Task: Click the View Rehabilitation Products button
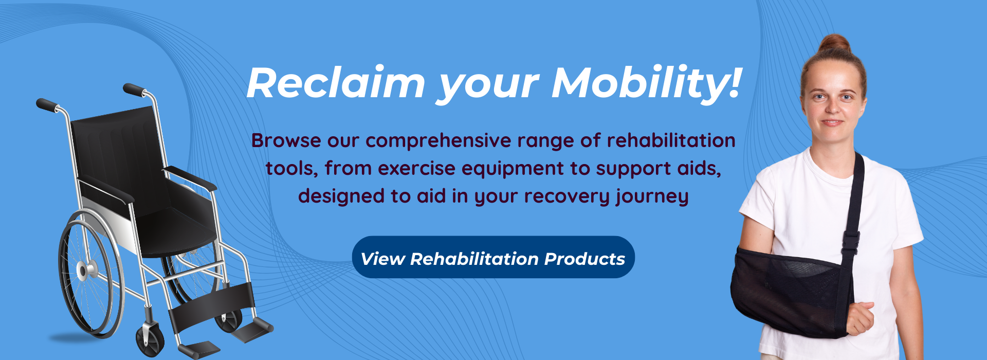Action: click(493, 257)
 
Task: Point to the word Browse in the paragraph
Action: click(286, 140)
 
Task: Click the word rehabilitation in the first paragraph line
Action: click(671, 140)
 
